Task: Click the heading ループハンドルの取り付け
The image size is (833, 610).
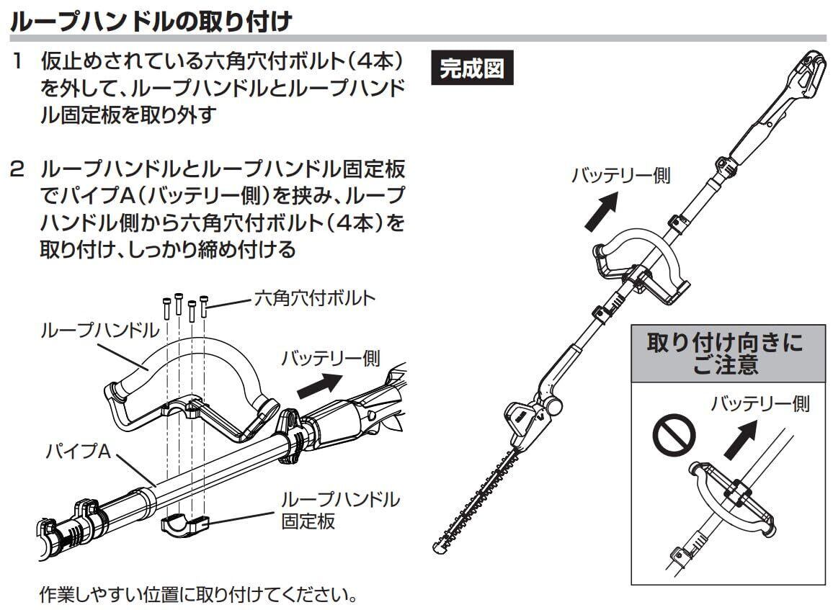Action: coord(151,19)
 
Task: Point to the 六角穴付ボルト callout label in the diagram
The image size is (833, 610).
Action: coord(314,298)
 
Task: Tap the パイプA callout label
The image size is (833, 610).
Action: coord(79,452)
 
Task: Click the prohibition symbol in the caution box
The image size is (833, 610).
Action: coord(675,434)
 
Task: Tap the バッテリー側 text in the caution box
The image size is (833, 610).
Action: coord(759,404)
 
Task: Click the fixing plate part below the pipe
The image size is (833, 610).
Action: coord(182,524)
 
